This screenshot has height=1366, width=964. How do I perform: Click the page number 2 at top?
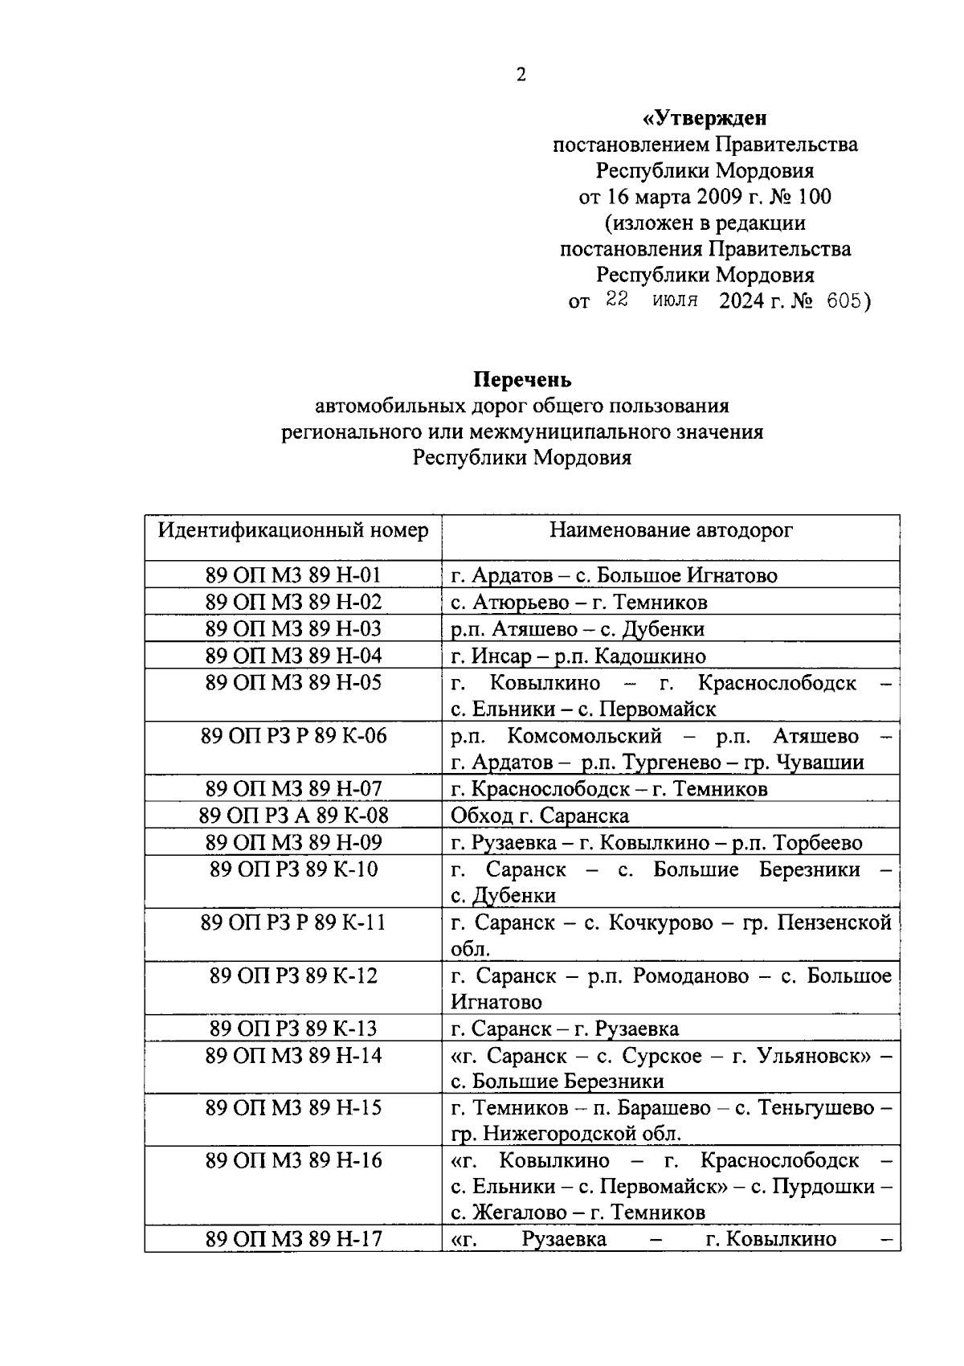[521, 76]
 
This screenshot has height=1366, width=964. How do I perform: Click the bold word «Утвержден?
[705, 119]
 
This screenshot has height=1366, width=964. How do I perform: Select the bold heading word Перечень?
[521, 379]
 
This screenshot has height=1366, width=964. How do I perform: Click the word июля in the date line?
[675, 301]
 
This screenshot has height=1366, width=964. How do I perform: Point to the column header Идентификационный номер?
[293, 531]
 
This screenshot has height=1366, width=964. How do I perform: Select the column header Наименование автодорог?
[671, 531]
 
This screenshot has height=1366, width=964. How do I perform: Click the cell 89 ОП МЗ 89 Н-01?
[293, 575]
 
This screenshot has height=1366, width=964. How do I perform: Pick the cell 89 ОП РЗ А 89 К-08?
[293, 816]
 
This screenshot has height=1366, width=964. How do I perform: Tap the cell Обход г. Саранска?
[540, 816]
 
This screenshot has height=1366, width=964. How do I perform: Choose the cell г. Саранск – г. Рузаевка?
[565, 1029]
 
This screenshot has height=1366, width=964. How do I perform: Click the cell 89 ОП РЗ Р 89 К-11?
[293, 922]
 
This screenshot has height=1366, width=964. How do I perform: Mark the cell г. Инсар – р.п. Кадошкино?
[578, 656]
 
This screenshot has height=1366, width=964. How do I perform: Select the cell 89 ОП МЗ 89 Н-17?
[293, 1239]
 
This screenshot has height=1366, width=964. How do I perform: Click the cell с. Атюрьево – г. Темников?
[578, 603]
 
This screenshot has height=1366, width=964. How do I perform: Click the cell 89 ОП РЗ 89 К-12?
[293, 976]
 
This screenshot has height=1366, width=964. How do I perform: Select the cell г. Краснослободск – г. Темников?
[609, 789]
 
